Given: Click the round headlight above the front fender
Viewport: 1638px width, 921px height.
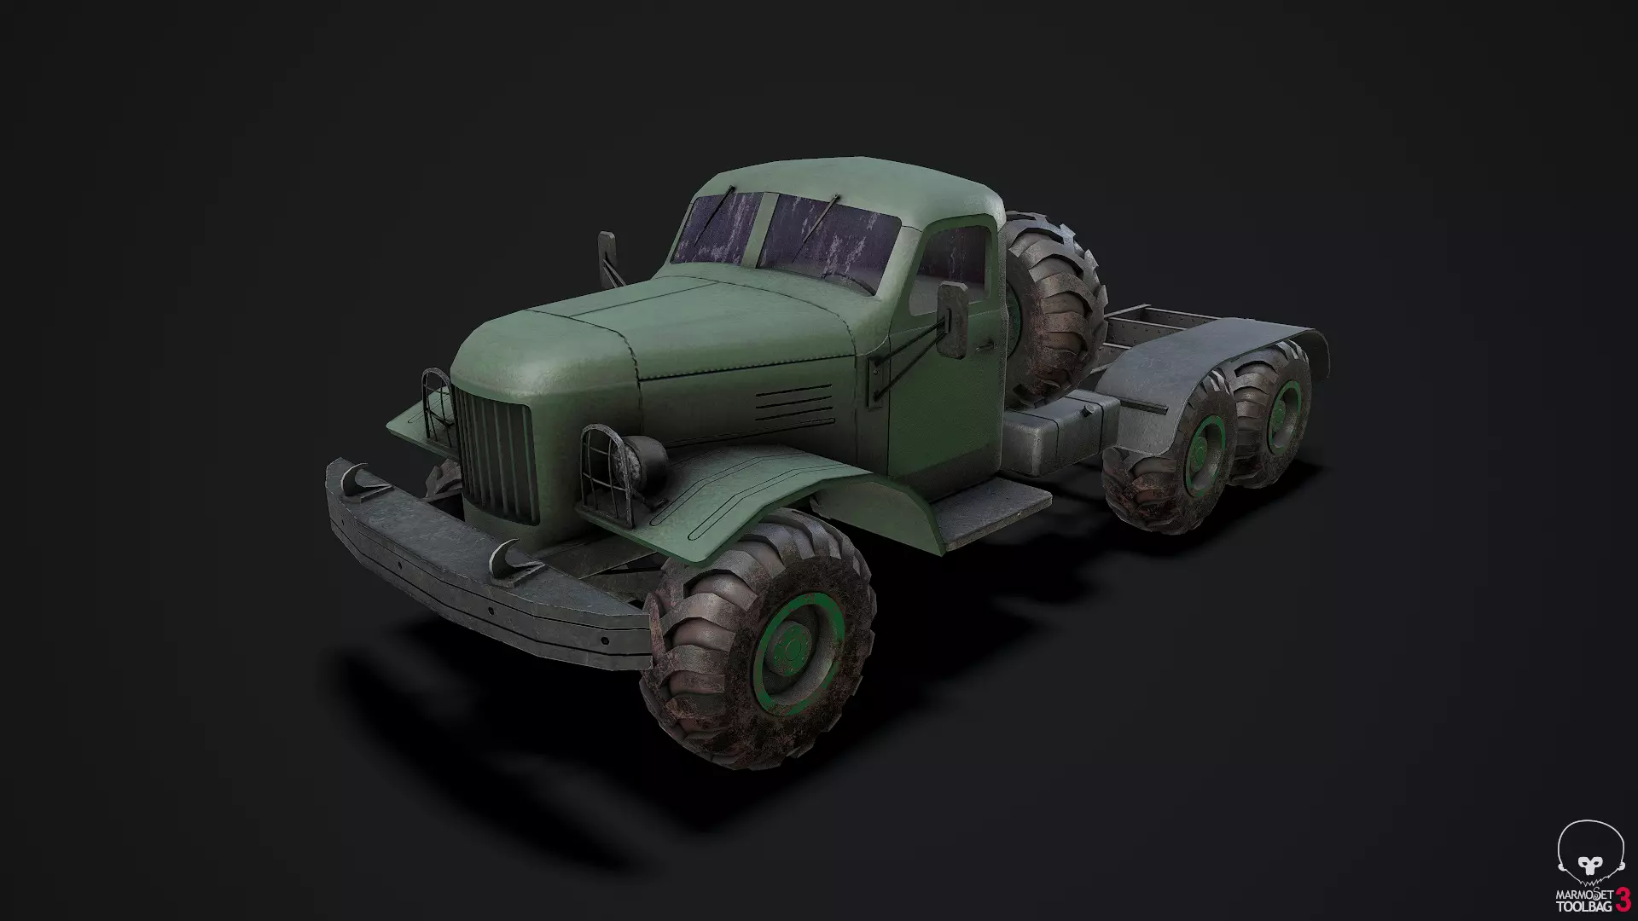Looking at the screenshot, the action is [x=648, y=460].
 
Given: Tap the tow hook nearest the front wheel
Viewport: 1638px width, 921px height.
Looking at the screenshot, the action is [x=516, y=556].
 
